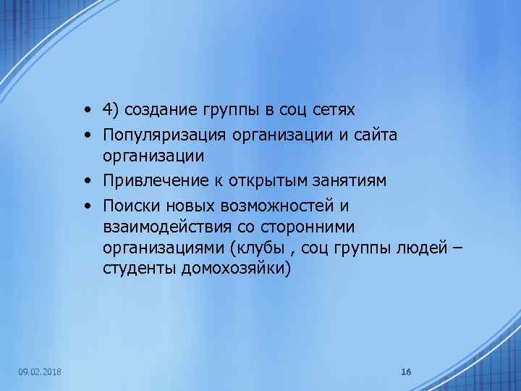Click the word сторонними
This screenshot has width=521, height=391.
[311, 227]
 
